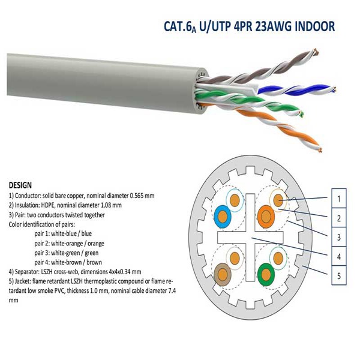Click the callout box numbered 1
click(x=340, y=197)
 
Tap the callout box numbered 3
click(x=340, y=237)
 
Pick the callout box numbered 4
click(x=340, y=257)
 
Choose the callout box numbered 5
click(x=340, y=277)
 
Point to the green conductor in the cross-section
click(x=265, y=275)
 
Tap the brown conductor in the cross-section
click(x=223, y=275)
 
